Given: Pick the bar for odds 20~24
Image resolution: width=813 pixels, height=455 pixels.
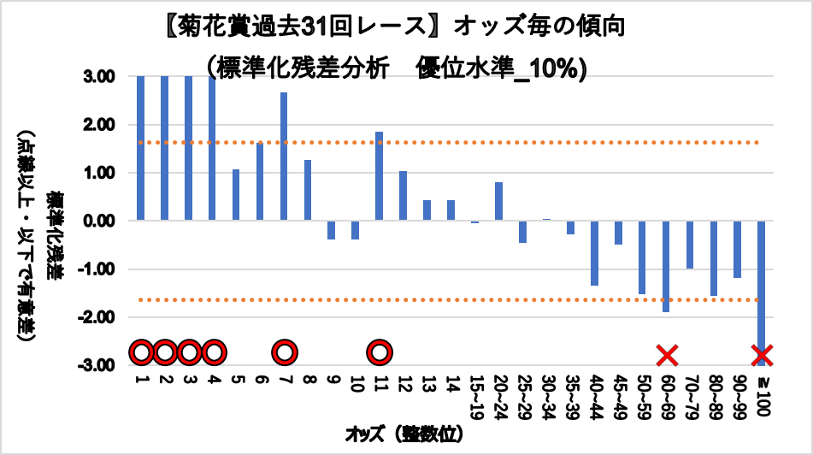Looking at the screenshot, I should click(x=498, y=202).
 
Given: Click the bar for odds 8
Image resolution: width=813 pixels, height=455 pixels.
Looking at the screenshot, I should click(x=308, y=191).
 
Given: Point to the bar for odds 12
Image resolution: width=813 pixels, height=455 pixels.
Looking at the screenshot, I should click(x=404, y=196).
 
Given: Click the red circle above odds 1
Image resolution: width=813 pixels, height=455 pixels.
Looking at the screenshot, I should click(x=141, y=352).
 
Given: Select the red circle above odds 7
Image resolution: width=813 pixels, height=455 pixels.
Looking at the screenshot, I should click(x=285, y=352).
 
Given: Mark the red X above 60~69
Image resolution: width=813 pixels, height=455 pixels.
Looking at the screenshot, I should click(x=667, y=353).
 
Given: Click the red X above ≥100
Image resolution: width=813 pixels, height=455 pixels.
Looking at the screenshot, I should click(x=762, y=353).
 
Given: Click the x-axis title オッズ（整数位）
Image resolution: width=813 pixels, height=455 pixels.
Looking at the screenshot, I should click(x=405, y=434).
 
